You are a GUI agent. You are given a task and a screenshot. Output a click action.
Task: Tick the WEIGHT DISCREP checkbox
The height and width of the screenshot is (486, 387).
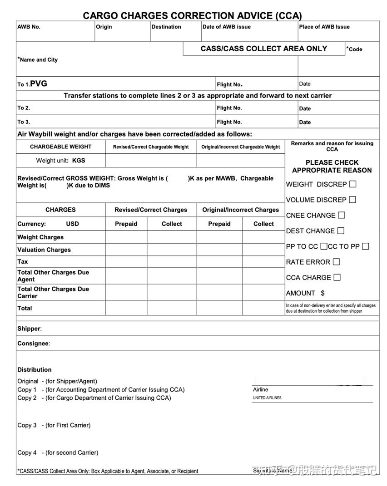coord(353,184)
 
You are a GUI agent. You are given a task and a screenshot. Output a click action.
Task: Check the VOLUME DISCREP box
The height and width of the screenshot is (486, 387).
coord(352,200)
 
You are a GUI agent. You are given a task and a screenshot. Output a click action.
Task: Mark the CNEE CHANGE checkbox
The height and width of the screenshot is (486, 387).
coord(342,215)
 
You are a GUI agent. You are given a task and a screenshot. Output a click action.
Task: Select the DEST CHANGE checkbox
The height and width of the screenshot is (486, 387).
coord(341,231)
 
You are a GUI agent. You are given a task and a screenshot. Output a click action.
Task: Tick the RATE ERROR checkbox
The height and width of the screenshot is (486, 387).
coord(336,262)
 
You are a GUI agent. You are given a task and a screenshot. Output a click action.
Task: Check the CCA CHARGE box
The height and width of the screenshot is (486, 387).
coord(337,277)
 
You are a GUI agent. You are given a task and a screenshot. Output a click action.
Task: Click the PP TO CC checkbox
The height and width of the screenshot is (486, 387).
coord(323,246)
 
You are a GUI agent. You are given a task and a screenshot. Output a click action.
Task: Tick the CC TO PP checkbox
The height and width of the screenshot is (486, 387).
coord(365,246)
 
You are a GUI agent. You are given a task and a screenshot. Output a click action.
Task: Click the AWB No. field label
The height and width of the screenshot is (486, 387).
coord(29,27)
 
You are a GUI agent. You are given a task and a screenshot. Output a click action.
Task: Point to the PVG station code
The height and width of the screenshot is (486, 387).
coord(39,83)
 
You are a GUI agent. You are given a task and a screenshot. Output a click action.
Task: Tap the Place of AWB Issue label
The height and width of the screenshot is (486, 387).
coord(324,27)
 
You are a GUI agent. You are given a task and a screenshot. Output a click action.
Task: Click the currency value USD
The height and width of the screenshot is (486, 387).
coord(72,224)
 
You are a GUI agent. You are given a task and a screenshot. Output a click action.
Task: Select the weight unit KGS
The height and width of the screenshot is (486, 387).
coord(79,160)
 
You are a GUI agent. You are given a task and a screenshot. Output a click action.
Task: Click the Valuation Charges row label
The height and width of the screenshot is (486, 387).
coord(44,250)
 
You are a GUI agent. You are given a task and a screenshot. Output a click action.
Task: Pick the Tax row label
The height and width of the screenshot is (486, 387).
coord(23,261)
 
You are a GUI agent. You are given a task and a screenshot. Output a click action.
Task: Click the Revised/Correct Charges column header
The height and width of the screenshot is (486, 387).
coord(151,210)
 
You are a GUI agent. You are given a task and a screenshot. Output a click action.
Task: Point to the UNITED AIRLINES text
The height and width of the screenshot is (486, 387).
coord(267,398)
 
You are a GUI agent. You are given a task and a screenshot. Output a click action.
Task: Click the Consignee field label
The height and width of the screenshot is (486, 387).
coord(33,344)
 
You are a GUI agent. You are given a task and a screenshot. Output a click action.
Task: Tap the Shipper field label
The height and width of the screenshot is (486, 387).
coord(29,329)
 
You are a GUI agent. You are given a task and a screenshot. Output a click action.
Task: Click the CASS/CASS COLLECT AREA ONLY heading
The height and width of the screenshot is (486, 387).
coord(264,49)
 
